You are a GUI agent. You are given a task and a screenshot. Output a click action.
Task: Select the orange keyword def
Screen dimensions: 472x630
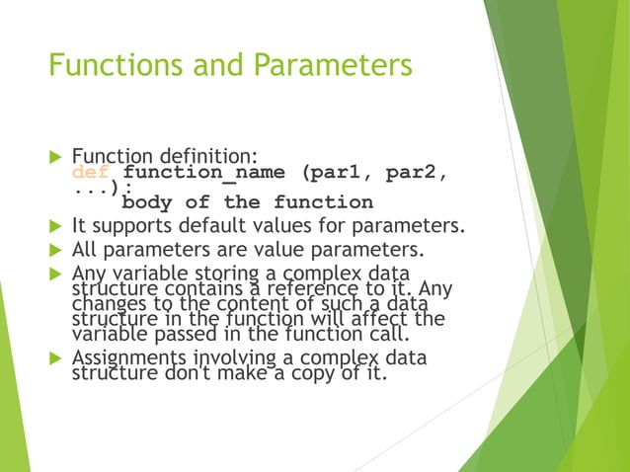coord(93,174)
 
